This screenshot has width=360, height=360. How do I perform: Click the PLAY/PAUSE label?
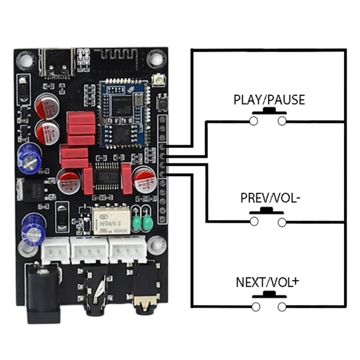[x=269, y=100]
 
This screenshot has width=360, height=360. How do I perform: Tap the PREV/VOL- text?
[x=269, y=198]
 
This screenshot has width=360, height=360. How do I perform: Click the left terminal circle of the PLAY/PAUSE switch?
[x=254, y=121]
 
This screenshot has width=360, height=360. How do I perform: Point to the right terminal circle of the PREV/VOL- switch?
[x=282, y=221]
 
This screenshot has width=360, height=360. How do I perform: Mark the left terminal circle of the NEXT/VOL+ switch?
[x=256, y=307]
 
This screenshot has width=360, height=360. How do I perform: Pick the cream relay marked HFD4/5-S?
[x=110, y=220]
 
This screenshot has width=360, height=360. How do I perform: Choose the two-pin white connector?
[x=55, y=250]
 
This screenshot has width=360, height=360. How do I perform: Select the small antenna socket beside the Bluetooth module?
[x=158, y=81]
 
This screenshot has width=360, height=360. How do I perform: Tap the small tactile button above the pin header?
[x=162, y=103]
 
